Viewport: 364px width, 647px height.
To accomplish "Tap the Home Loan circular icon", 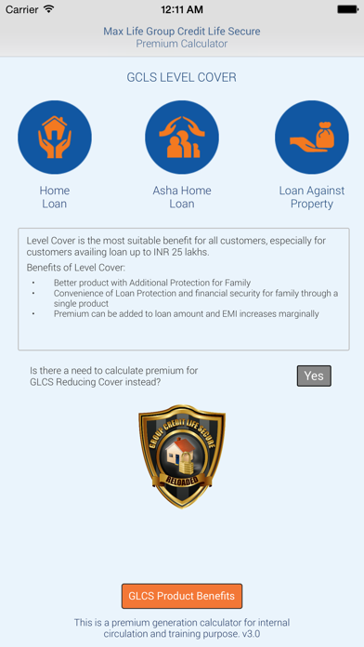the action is (x=54, y=138).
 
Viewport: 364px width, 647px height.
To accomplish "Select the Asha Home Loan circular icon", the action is (x=182, y=138).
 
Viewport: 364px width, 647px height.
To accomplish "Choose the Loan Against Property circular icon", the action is (x=311, y=138).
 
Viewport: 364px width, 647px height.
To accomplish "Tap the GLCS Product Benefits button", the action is (x=182, y=595).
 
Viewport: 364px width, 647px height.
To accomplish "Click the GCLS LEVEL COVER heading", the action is (x=182, y=78).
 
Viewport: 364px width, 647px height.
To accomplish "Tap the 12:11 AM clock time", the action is (x=182, y=9).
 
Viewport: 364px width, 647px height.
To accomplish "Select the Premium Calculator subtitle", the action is (x=182, y=44).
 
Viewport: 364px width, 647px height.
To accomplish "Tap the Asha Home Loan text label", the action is (x=182, y=197).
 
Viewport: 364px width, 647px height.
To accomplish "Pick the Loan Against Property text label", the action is (x=311, y=197).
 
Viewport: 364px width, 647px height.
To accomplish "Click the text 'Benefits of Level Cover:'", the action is (x=73, y=268).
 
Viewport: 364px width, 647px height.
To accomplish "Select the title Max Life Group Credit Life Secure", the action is (x=182, y=31).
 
